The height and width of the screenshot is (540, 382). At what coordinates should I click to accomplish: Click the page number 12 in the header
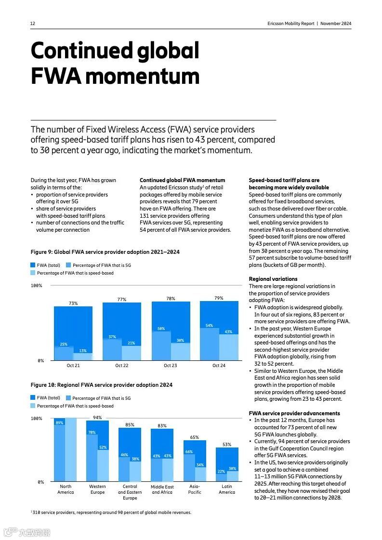(33, 24)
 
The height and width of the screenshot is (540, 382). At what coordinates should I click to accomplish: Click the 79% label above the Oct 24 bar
(219, 298)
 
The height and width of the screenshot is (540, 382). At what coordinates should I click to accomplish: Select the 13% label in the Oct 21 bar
(83, 351)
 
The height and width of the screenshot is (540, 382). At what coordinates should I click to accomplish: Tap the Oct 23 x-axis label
(170, 366)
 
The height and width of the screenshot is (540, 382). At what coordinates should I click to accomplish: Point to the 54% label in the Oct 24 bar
(209, 326)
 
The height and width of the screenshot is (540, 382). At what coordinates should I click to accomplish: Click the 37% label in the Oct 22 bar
(112, 337)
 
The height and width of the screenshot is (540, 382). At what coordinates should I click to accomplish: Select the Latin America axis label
(227, 489)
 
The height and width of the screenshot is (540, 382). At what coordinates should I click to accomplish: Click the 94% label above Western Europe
(97, 418)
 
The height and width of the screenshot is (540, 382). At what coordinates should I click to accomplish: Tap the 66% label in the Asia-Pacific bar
(189, 452)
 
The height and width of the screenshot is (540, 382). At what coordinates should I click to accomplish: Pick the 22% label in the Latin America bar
(221, 471)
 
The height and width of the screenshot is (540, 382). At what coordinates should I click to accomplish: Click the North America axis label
(66, 489)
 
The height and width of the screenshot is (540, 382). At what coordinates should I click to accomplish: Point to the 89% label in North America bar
(59, 423)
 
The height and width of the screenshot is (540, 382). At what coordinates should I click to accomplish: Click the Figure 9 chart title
(105, 252)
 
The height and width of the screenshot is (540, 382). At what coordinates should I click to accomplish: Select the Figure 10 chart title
(101, 385)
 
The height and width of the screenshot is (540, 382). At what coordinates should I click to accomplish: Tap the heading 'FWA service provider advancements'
(294, 413)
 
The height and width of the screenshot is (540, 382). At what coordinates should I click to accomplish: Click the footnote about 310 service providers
(111, 512)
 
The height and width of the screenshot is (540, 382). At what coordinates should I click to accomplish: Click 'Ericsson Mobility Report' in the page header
(290, 24)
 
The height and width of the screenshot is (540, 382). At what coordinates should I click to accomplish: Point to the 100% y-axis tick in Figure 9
(37, 286)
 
